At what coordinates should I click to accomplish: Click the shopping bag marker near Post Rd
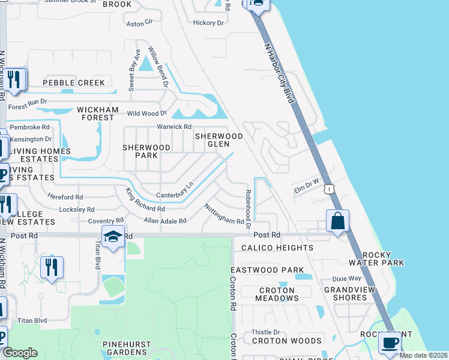coord(338,221)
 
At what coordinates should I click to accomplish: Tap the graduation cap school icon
coord(112,238)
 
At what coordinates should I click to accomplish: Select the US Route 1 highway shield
coord(328,188)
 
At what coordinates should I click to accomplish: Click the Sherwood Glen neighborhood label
coord(218,140)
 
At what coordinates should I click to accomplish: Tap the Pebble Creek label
coord(74,83)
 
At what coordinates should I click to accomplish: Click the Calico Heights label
coord(277,248)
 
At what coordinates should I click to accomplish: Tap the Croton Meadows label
coord(277,294)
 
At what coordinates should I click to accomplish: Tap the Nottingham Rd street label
coord(223,213)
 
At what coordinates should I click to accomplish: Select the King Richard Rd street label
coord(145,200)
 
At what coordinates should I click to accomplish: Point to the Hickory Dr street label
coord(208,23)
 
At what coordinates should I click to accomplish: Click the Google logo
coord(20,353)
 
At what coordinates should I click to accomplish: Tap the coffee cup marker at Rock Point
coord(390,343)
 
